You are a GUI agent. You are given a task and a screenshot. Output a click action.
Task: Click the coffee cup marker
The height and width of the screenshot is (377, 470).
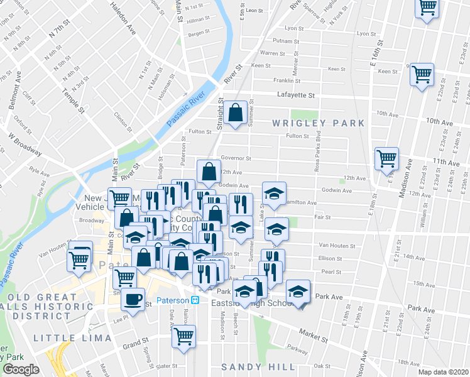pyautogui.click(x=133, y=299)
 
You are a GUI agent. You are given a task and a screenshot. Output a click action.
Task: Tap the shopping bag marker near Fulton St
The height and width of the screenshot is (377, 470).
pyautogui.click(x=236, y=113)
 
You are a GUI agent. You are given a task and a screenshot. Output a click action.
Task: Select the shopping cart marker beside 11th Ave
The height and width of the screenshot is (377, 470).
pyautogui.click(x=386, y=158)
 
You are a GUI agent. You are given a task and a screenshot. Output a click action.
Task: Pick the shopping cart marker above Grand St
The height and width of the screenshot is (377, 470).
pyautogui.click(x=183, y=336)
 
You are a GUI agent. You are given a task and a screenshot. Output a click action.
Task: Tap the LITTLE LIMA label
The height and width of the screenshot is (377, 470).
pyautogui.click(x=73, y=338)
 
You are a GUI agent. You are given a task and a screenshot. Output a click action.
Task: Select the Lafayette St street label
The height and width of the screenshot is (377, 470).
pyautogui.click(x=295, y=95)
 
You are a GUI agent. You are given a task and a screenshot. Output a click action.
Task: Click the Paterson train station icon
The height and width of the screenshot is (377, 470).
pyautogui.click(x=195, y=300)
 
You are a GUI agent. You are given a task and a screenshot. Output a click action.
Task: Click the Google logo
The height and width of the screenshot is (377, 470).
pyautogui.click(x=21, y=369)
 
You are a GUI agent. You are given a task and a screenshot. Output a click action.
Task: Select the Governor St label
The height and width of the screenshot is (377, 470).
pyautogui.click(x=236, y=159)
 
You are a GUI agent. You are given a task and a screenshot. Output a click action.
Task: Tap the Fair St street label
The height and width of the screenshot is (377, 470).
pyautogui.click(x=322, y=217)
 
